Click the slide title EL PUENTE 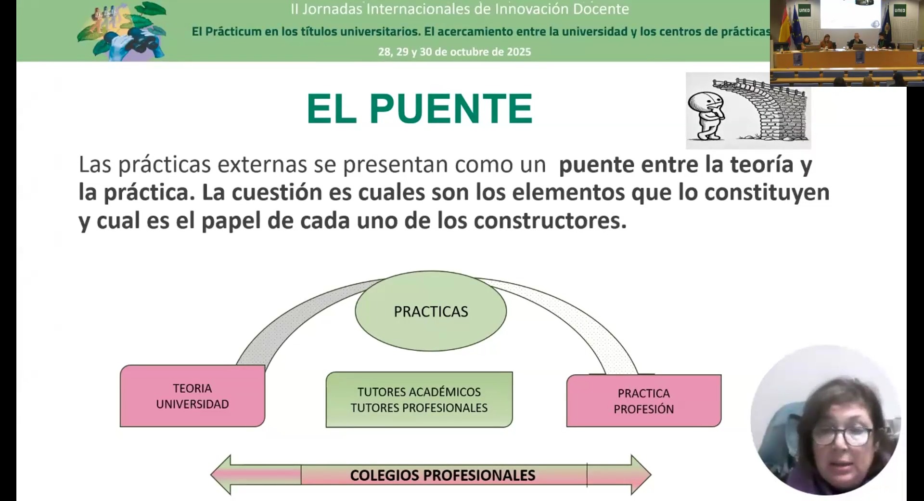(419, 109)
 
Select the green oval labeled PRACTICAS (431, 311)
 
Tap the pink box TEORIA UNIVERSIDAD (192, 396)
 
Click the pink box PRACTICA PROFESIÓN (643, 401)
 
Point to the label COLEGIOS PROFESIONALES (442, 475)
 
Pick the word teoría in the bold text (761, 165)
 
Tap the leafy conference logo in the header (123, 31)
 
